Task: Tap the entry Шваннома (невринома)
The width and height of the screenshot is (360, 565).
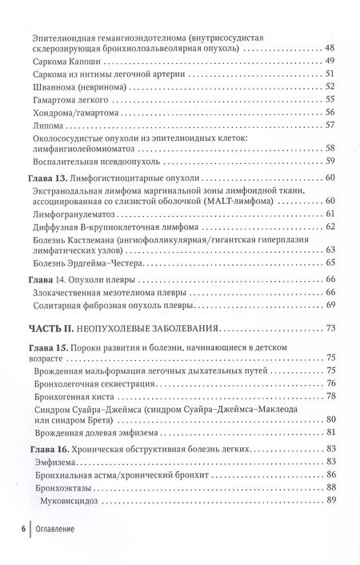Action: click(x=75, y=86)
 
